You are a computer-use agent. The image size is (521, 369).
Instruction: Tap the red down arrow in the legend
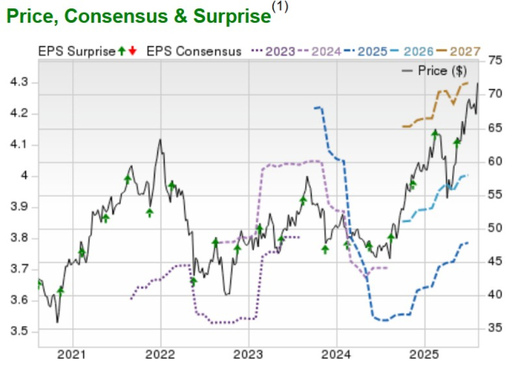tap(132, 51)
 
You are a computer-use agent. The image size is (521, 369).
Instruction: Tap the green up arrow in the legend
tap(121, 51)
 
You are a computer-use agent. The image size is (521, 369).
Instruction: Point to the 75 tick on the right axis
tap(495, 61)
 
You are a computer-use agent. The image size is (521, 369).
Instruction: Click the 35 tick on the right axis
tap(495, 328)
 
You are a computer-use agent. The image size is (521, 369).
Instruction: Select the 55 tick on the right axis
tap(495, 194)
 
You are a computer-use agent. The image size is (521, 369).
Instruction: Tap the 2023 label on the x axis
tap(248, 354)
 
